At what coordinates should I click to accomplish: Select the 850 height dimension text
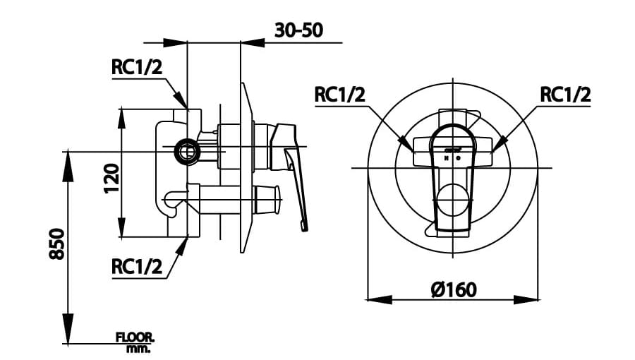click(57, 243)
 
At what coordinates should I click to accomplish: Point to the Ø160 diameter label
click(452, 289)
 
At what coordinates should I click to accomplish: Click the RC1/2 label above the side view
click(137, 67)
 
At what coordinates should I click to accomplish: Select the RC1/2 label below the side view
click(137, 266)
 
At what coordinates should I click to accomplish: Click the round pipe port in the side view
click(187, 150)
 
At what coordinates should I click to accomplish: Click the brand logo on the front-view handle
click(452, 149)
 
